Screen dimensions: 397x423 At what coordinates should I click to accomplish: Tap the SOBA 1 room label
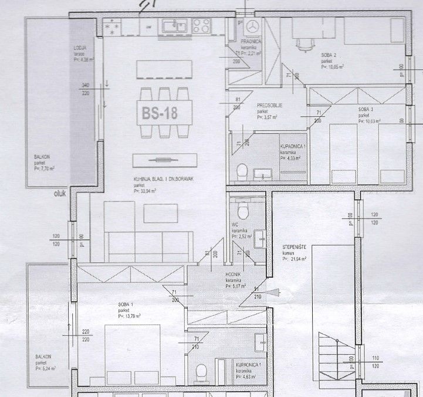click(124, 304)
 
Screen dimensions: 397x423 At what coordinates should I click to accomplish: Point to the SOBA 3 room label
click(367, 110)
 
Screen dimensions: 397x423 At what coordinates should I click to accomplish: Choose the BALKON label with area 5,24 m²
click(43, 356)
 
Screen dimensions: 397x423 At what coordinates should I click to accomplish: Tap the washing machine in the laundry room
click(252, 26)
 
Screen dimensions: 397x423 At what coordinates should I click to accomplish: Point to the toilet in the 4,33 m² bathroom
click(241, 171)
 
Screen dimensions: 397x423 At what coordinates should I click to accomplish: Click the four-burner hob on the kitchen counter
click(201, 25)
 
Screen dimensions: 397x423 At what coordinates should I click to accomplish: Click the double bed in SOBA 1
click(133, 353)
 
